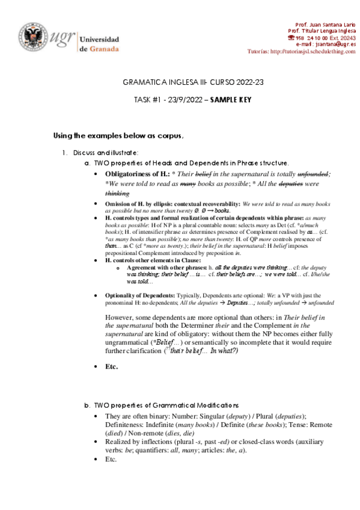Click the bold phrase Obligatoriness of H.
135,174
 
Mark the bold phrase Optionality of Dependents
140,296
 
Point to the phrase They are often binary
136,416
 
